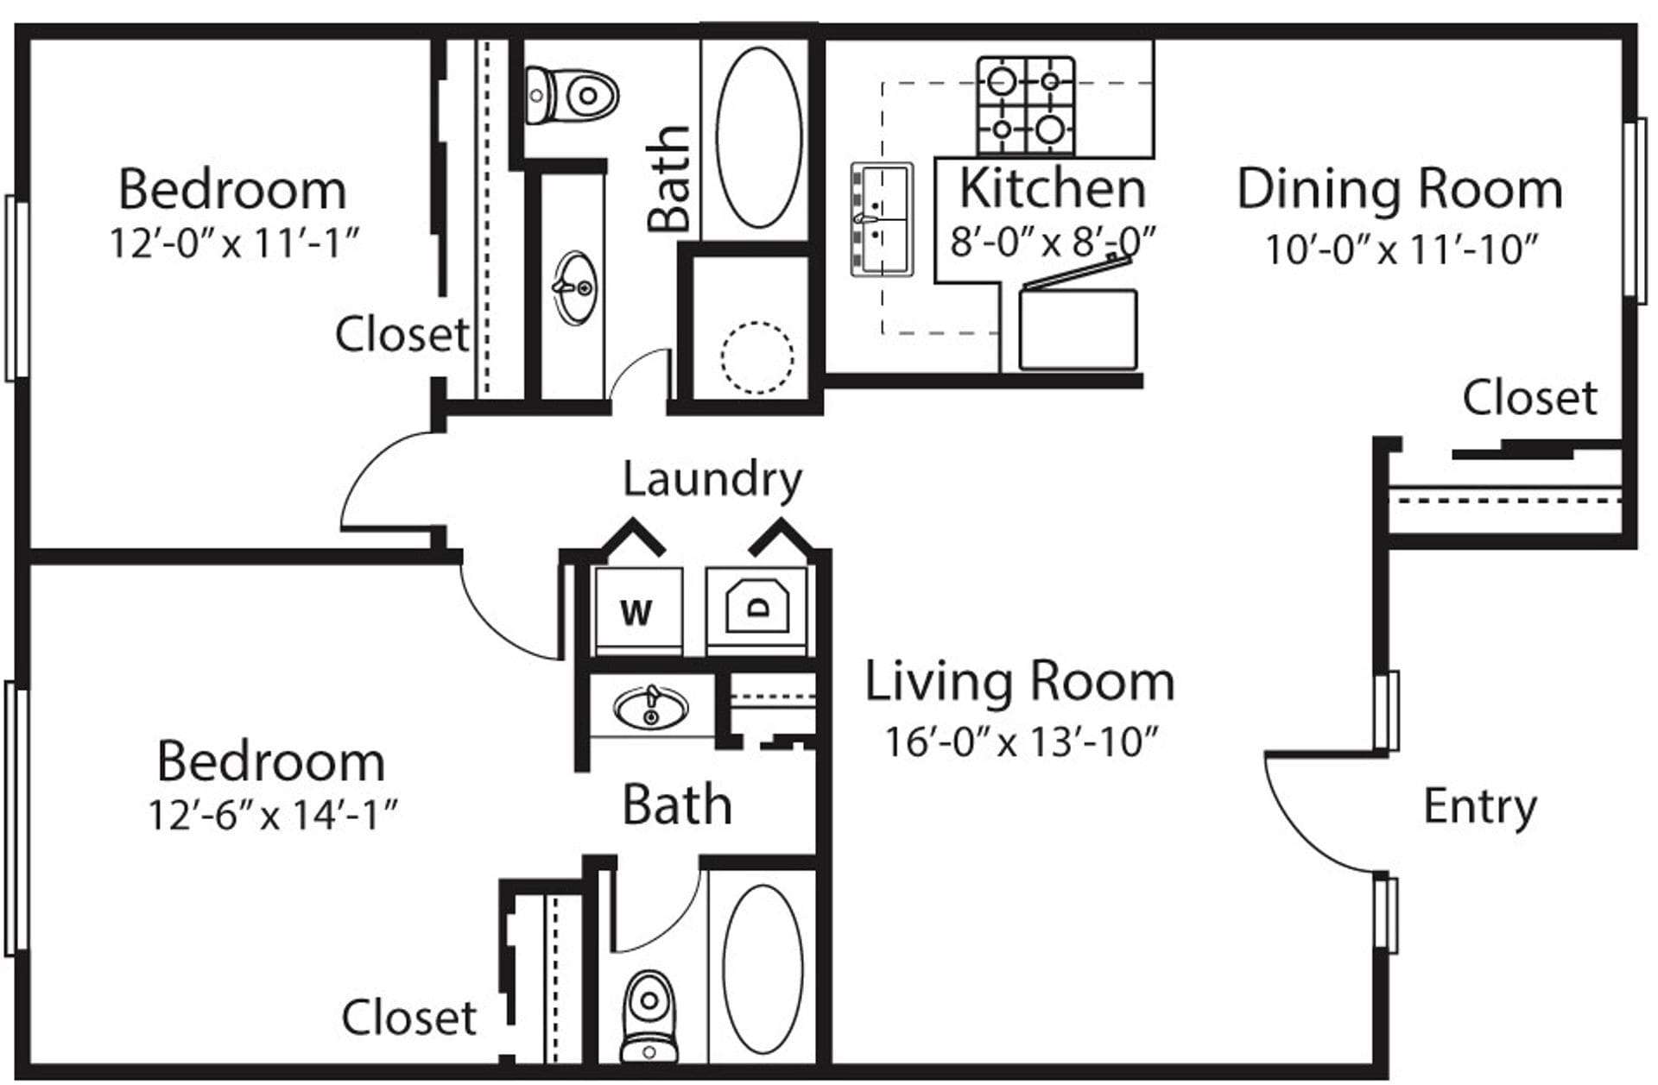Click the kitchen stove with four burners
pos(1026,105)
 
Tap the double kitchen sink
pos(882,219)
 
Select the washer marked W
pos(637,611)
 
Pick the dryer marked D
pos(757,608)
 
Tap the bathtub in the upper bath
pos(759,138)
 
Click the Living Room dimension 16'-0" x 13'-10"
pos(1021,741)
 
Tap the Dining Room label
pos(1400,189)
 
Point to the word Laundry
pos(712,479)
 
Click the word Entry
pos(1479,807)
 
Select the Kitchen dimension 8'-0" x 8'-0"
pos(1053,242)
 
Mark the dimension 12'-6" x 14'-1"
pos(272,815)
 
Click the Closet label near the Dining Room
pos(1529,398)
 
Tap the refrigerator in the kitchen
pos(1078,329)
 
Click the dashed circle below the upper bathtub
pos(756,357)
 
